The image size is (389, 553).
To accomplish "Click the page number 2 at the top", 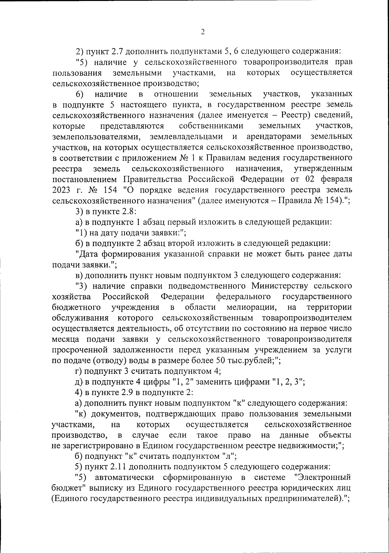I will coord(203,32).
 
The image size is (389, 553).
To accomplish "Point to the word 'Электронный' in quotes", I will coord(324,477).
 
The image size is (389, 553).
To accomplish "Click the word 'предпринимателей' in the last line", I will coord(302,499).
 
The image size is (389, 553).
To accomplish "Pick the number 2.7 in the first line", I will coord(117,52).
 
